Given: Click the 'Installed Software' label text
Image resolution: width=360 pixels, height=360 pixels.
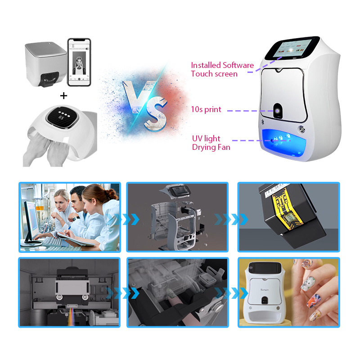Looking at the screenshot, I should (222, 65).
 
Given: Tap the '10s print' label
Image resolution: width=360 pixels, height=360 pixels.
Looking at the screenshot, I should (206, 109).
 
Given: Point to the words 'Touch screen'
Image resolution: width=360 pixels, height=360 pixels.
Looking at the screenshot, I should (214, 74).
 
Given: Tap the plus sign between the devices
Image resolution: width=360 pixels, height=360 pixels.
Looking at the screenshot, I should (63, 95).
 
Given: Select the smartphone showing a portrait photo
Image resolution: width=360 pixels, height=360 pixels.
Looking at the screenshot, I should (79, 62).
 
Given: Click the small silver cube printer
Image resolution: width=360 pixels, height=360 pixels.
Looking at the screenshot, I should (45, 63).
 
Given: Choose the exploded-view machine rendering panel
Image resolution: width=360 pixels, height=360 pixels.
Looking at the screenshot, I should (177, 216).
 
